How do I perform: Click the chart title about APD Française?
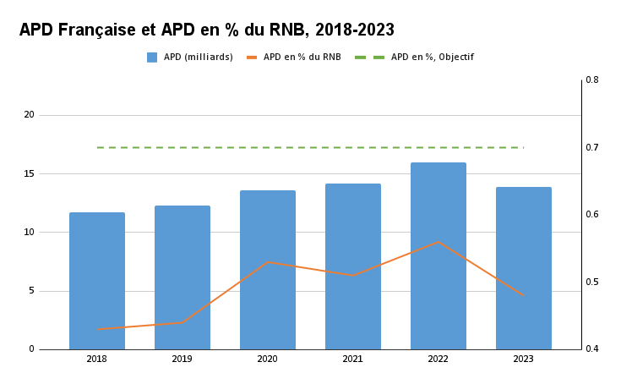(207, 30)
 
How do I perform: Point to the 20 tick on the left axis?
(29, 115)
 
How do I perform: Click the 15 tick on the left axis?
(29, 174)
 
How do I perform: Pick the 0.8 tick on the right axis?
(591, 80)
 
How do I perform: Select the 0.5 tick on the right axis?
(591, 282)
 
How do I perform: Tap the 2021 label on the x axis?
(353, 359)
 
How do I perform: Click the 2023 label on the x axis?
(524, 359)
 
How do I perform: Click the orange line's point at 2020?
(268, 262)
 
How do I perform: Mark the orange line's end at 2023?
(524, 295)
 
